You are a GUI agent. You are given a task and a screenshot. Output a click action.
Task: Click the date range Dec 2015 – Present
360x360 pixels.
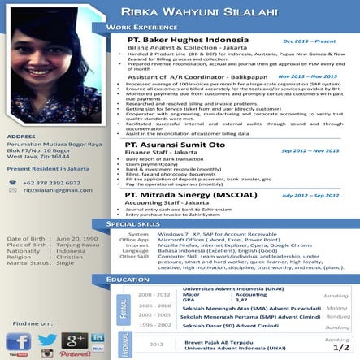(309, 40)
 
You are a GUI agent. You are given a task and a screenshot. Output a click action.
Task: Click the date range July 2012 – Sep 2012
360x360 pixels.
(310, 196)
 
